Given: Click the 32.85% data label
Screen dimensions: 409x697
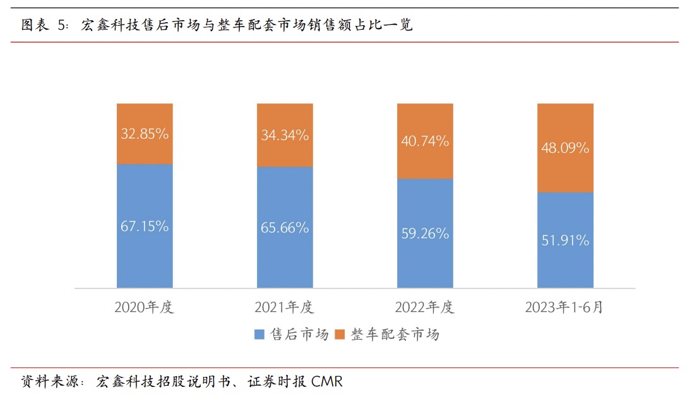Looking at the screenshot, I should click(145, 134).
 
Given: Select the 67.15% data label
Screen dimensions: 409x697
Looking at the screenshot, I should click(145, 227).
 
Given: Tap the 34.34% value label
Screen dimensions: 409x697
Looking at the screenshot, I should click(285, 135).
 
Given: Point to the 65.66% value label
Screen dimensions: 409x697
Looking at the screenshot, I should click(285, 228).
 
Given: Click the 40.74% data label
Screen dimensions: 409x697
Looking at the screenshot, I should click(425, 141).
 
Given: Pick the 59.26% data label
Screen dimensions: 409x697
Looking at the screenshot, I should click(425, 234).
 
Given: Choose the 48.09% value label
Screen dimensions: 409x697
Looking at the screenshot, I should click(565, 148).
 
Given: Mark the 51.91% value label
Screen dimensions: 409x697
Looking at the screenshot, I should click(565, 240).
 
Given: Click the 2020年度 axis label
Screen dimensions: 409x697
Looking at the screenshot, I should click(144, 308).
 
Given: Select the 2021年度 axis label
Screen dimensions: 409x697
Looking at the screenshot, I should click(284, 308).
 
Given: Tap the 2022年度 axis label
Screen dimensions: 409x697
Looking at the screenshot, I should click(424, 308).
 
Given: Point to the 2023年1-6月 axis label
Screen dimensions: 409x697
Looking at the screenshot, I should click(564, 308).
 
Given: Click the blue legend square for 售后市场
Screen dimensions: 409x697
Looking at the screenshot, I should click(259, 335).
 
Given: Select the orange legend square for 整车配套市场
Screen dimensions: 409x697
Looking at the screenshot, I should click(339, 335).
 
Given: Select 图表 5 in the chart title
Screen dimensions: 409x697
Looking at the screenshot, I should click(44, 26).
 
